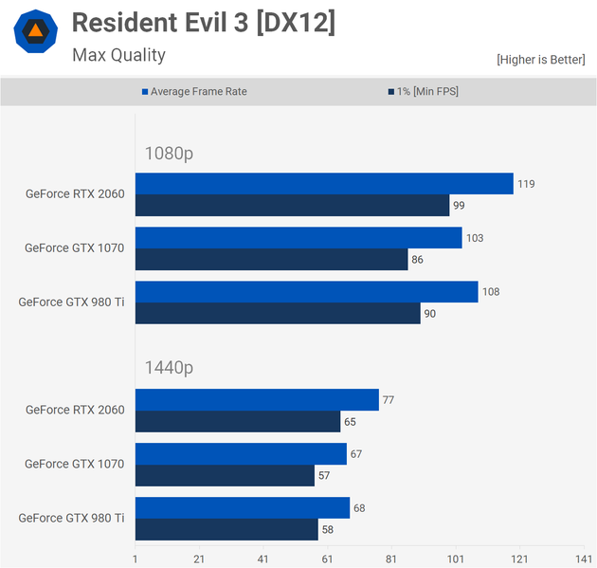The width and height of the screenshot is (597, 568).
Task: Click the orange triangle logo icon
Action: [x=35, y=32]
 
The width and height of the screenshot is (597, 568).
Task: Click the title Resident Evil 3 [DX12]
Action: [x=203, y=24]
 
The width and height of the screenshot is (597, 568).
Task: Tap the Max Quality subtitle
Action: [x=118, y=55]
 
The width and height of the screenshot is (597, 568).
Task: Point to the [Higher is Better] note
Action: [x=540, y=60]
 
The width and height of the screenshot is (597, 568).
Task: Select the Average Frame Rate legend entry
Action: [x=199, y=92]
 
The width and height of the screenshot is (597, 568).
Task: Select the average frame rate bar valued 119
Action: [x=324, y=183]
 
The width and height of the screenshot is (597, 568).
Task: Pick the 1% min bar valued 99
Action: [x=292, y=205]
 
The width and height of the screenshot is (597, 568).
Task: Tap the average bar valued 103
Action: [x=298, y=237]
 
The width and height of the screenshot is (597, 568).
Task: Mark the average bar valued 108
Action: [x=306, y=291]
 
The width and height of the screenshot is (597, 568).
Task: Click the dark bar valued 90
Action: [x=278, y=313]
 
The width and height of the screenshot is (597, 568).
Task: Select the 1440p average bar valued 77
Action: [x=257, y=399]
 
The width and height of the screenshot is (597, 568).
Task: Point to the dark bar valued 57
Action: [x=225, y=475]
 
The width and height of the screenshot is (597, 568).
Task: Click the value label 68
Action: [x=359, y=508]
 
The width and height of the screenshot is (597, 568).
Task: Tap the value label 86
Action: [x=418, y=259]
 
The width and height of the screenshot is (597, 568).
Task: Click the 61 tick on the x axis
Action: [x=327, y=559]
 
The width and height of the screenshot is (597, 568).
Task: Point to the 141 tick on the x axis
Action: [x=583, y=559]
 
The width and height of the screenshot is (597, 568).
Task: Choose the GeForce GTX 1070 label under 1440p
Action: [x=74, y=464]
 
